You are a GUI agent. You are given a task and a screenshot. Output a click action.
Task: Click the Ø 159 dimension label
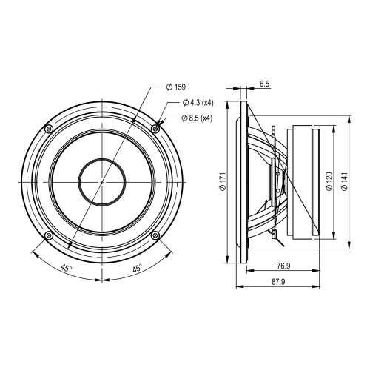[x=176, y=87]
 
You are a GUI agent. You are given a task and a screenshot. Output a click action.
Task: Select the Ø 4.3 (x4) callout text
[x=198, y=103]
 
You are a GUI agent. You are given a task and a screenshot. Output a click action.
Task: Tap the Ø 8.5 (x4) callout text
[x=197, y=118]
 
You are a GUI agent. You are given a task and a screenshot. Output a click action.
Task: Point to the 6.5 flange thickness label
[x=264, y=84]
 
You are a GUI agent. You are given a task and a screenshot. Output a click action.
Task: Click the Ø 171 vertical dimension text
[x=223, y=181]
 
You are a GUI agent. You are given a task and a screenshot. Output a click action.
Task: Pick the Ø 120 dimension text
[x=329, y=181]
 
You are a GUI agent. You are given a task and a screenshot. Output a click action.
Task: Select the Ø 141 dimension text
[x=345, y=181]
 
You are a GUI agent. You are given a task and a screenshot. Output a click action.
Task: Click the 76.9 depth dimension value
[x=283, y=266]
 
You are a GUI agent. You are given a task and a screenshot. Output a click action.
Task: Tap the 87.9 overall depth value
[x=278, y=282]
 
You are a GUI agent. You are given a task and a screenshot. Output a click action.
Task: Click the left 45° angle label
[x=67, y=268]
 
